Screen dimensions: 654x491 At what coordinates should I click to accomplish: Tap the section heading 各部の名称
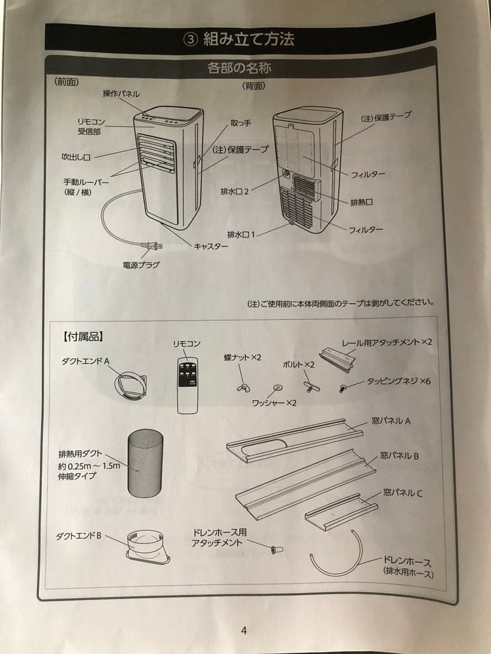tap(239, 68)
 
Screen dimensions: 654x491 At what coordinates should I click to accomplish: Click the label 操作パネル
tap(121, 94)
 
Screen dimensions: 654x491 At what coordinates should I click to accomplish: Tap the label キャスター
tap(211, 246)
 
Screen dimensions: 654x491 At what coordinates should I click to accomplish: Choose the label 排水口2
tap(235, 191)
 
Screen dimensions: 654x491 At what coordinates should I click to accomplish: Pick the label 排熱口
tap(361, 202)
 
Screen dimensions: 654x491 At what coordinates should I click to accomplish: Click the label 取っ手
tap(241, 124)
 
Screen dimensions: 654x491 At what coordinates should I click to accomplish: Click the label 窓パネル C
tap(403, 493)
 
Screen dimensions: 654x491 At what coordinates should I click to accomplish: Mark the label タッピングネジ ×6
tap(398, 382)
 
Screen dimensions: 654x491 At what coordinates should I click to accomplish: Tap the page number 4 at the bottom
tap(244, 630)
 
